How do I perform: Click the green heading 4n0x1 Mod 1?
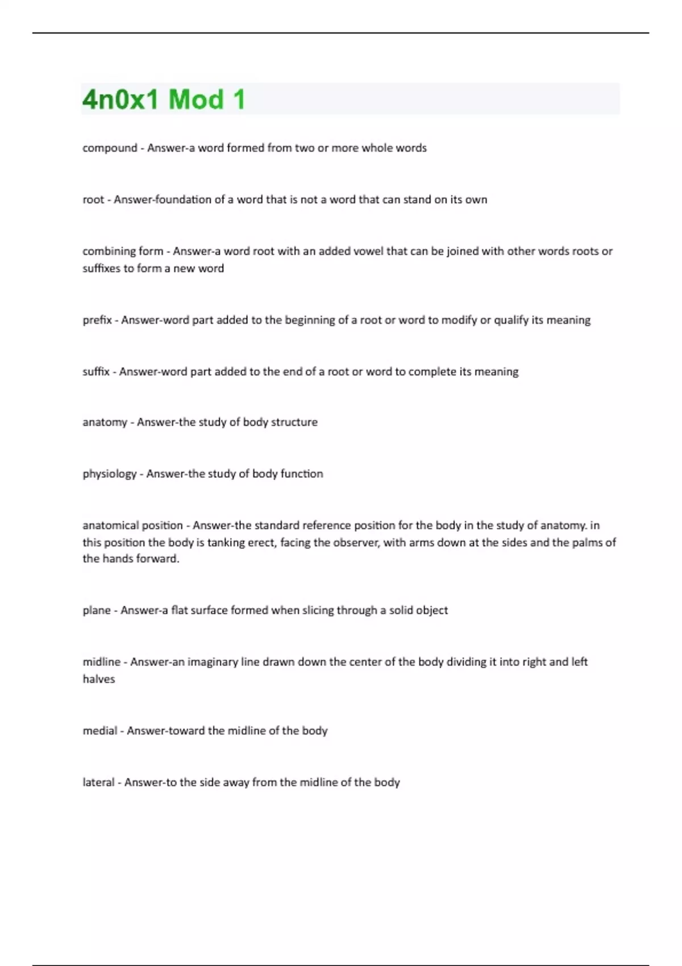pos(164,99)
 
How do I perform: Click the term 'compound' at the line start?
pos(110,148)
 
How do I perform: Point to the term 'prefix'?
pos(97,320)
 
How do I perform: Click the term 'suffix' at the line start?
pos(96,372)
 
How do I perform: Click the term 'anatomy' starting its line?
pos(105,422)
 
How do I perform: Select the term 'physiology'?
pos(110,474)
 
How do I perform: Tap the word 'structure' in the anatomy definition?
pos(294,422)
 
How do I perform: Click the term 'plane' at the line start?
pos(97,610)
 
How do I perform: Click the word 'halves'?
pos(99,679)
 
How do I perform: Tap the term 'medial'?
pos(100,731)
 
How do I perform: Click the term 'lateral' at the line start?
pos(99,782)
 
